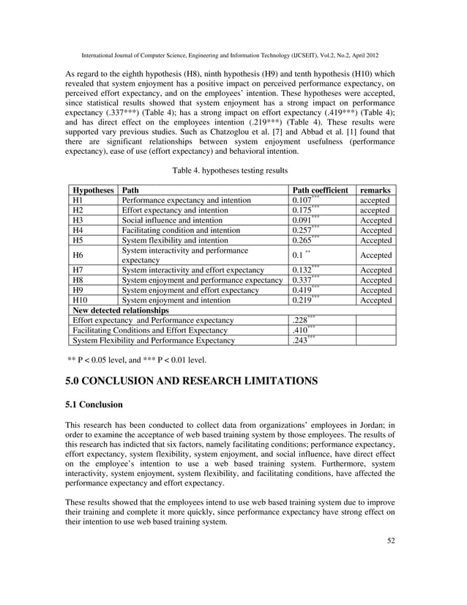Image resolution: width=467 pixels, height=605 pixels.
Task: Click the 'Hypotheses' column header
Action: (91, 190)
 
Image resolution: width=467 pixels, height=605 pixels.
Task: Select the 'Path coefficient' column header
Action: (320, 190)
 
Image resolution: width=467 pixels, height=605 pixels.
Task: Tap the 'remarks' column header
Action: (375, 190)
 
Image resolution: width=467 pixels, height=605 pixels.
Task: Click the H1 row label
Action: (78, 200)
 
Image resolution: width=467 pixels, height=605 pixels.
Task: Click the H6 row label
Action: (78, 255)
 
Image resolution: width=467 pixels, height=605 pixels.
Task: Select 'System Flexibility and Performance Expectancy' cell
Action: (154, 341)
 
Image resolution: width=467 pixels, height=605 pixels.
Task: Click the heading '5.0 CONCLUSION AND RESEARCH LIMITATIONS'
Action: (191, 382)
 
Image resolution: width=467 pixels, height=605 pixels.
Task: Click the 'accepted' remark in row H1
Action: (375, 200)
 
